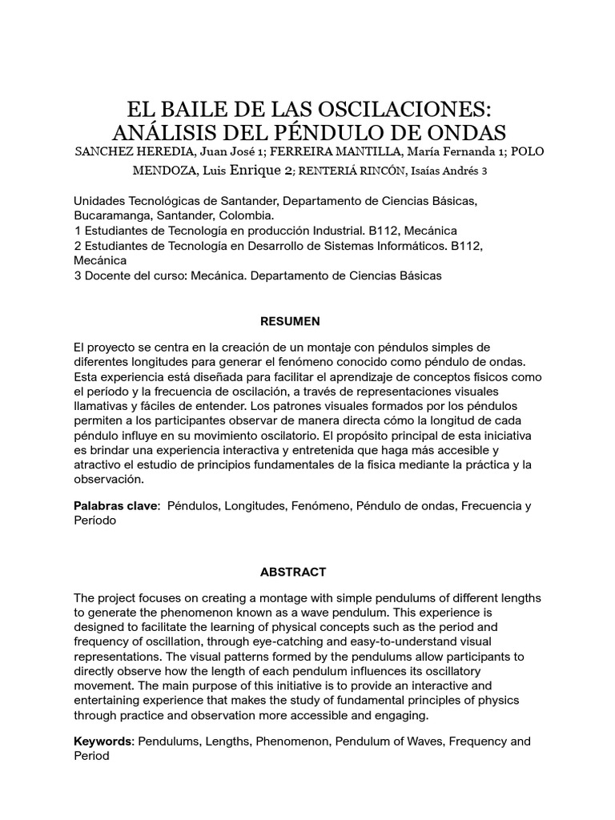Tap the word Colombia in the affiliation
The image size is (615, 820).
point(248,216)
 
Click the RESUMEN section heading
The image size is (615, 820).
point(290,321)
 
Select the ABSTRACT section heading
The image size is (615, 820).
point(293,572)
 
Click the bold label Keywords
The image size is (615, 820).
point(103,742)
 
